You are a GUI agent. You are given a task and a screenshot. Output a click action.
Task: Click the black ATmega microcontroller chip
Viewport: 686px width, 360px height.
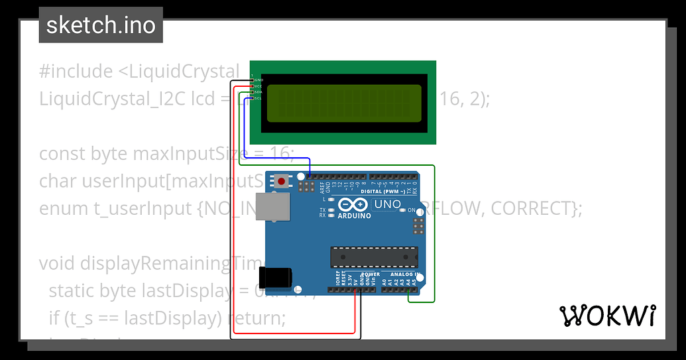click(374, 255)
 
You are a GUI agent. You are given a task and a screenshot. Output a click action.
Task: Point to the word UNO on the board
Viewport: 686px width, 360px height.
click(388, 204)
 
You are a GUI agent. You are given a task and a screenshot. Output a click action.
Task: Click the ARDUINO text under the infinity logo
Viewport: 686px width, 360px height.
click(354, 216)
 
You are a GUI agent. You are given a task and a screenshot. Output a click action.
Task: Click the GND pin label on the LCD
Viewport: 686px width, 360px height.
click(258, 80)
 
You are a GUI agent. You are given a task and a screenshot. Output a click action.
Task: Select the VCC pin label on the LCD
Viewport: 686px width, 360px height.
click(258, 86)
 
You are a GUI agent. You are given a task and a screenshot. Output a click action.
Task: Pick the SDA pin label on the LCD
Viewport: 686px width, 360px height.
click(258, 92)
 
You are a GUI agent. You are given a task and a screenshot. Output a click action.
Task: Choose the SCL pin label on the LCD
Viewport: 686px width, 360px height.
click(258, 98)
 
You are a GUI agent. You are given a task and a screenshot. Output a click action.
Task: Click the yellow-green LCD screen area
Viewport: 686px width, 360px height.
click(344, 103)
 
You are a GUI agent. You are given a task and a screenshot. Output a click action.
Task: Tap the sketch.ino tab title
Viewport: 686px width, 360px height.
click(101, 25)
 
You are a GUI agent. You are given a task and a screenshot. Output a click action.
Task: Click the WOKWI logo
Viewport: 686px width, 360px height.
click(608, 316)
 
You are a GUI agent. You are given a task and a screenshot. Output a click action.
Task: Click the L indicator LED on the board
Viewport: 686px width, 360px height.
click(331, 199)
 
